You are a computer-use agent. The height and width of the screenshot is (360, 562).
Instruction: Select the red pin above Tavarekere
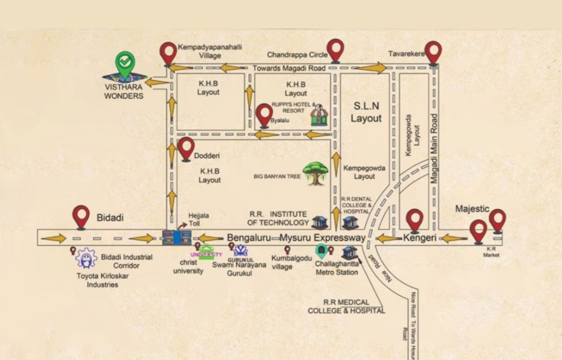pos(433,51)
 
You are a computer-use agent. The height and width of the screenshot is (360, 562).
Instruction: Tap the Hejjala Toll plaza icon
pos(177,238)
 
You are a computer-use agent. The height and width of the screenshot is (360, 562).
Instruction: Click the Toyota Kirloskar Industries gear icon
pos(86,258)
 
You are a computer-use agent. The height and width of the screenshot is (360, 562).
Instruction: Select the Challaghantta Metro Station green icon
pos(321,252)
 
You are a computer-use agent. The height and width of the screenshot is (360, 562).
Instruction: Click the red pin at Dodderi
pos(186,148)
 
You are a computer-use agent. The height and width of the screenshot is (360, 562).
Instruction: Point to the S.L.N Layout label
pos(366,113)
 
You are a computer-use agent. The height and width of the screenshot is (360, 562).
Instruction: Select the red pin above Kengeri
pos(415,220)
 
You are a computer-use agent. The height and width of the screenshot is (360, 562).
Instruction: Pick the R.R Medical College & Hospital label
pos(346,307)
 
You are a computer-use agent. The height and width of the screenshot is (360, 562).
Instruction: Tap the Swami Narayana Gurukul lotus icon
pos(241,250)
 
